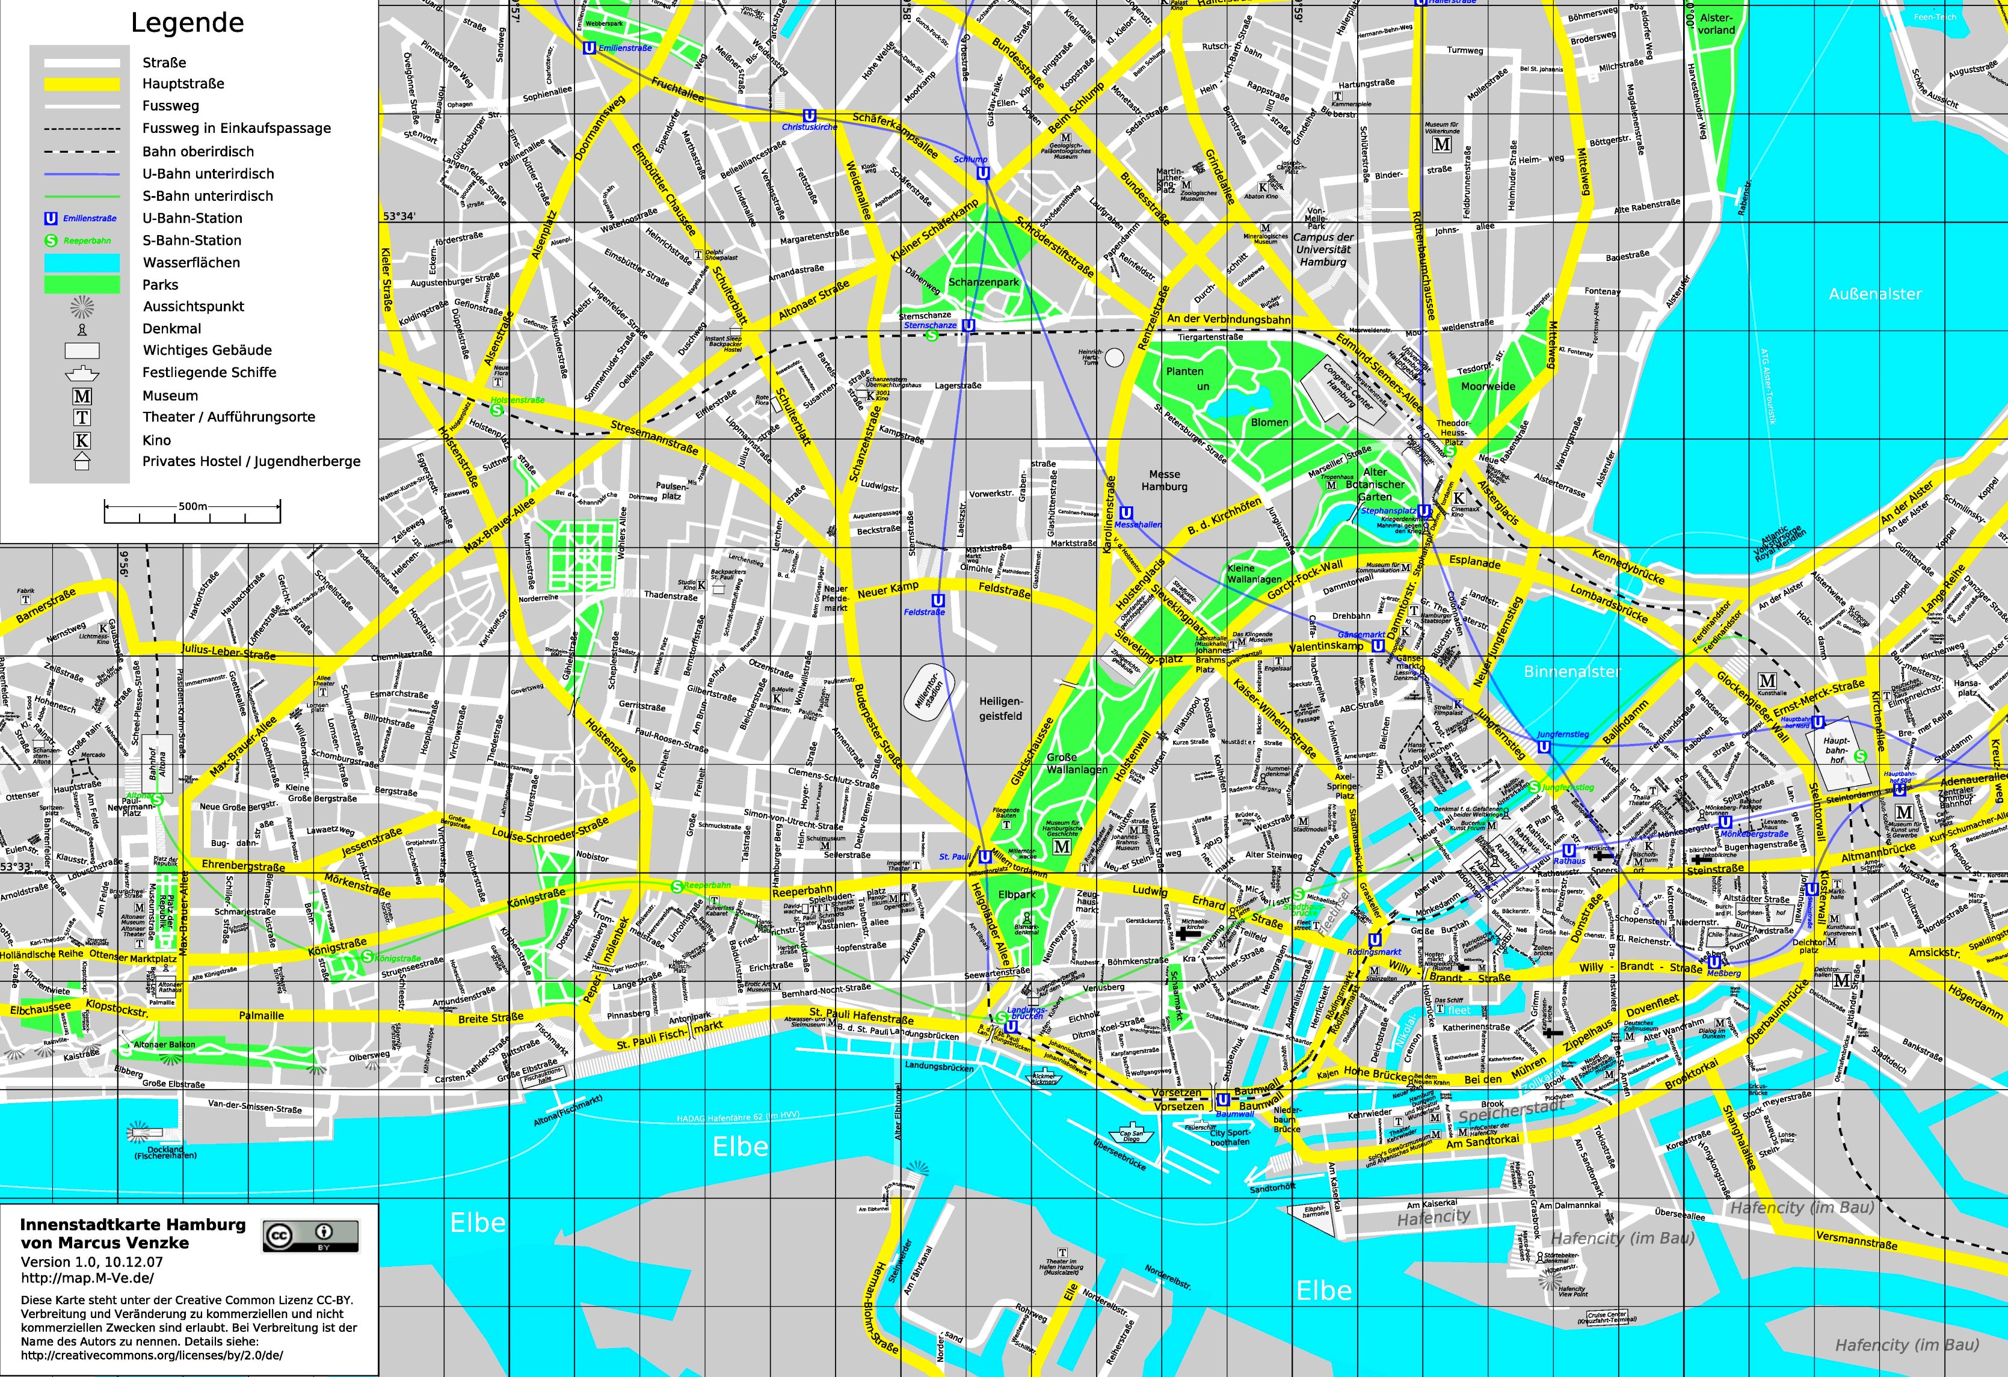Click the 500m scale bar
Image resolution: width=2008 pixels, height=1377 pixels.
(192, 511)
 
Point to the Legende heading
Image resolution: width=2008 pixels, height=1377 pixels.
(188, 23)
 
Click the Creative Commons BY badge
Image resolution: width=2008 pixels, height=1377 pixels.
(310, 1236)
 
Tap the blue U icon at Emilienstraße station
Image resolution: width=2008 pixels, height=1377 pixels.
(590, 48)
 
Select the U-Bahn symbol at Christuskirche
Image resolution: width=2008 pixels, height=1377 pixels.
(810, 116)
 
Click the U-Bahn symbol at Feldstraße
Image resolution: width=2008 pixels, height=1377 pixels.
(937, 600)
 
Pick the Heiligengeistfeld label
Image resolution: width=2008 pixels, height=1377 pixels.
(1000, 708)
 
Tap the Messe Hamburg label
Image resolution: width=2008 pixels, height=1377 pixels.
(1164, 480)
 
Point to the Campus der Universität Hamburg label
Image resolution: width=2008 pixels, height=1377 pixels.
(1323, 250)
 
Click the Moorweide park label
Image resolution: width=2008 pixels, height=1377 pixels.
(1487, 386)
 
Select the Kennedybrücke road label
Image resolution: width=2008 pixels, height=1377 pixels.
(1628, 566)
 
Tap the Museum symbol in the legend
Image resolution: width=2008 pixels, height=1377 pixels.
(82, 396)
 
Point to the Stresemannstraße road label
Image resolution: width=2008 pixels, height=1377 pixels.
(654, 438)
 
